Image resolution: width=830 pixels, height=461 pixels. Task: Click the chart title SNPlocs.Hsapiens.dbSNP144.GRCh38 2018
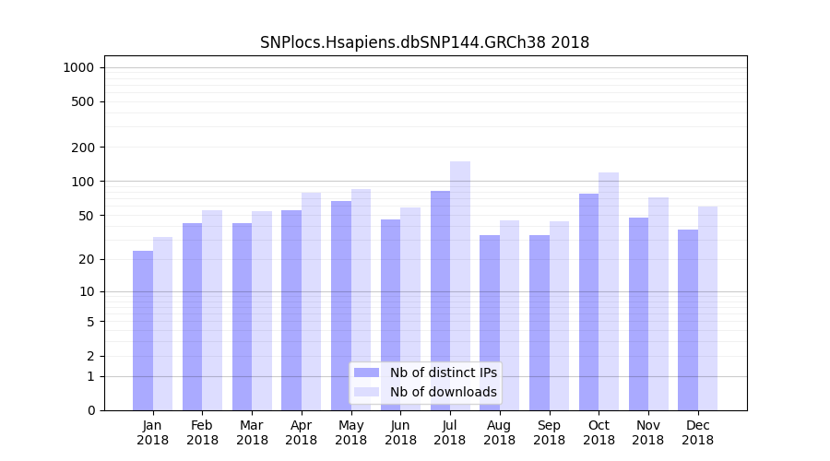[424, 42]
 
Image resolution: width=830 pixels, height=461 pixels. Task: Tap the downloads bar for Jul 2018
[459, 286]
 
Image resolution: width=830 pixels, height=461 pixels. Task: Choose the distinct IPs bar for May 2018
[341, 305]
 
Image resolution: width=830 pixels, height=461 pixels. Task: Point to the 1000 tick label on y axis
[78, 67]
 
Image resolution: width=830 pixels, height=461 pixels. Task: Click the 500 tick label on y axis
[84, 101]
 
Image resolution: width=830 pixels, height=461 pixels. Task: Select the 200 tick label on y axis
[84, 147]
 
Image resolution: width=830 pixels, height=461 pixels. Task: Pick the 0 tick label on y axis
[90, 410]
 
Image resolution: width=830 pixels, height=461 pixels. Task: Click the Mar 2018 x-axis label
[252, 432]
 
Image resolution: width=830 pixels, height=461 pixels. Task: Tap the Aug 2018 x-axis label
[499, 432]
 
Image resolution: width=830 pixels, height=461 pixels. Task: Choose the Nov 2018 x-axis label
[647, 432]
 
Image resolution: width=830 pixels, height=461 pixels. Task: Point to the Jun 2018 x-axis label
[400, 432]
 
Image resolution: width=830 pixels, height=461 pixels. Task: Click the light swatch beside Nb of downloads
[366, 392]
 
